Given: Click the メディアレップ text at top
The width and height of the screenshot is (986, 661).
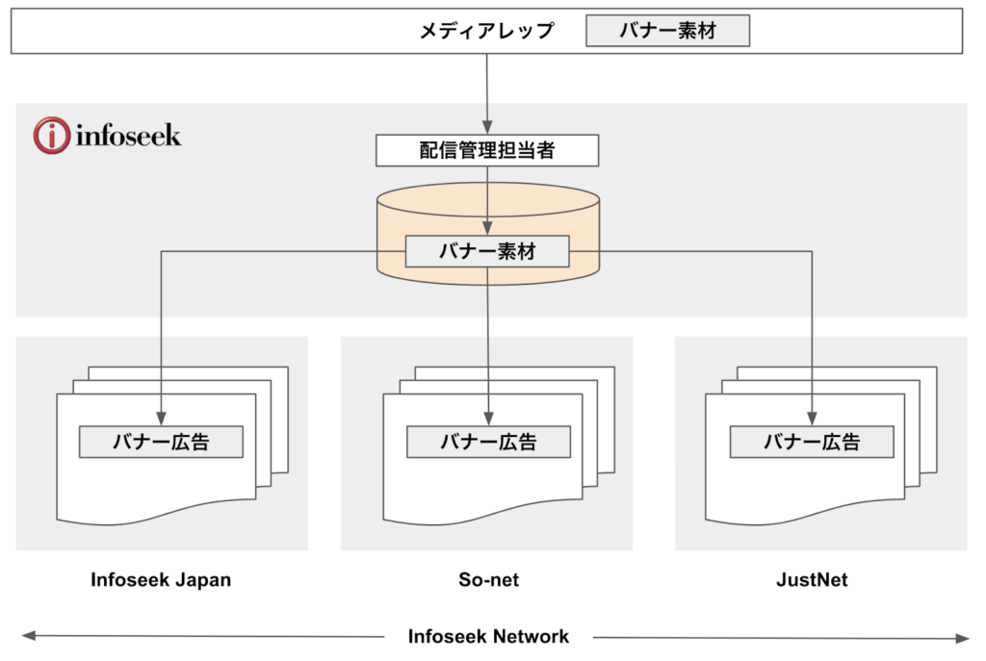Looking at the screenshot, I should (x=486, y=31).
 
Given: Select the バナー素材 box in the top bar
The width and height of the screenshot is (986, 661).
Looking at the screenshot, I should (x=667, y=31).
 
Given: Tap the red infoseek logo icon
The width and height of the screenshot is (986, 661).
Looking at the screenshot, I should (x=51, y=136).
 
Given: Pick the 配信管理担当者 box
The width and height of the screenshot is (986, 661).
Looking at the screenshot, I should (x=487, y=151).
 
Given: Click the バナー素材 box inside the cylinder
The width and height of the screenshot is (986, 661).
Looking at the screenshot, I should (x=487, y=252).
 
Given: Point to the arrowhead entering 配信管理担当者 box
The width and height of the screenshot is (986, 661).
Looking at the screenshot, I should (x=487, y=129).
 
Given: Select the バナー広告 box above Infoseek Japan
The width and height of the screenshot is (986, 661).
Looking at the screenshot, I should (x=161, y=442).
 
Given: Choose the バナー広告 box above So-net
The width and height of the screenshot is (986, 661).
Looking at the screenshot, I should (x=488, y=442).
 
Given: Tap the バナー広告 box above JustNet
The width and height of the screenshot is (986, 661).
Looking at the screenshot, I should (x=812, y=442).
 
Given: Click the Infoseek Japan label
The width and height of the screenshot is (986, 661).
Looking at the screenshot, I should (x=161, y=580).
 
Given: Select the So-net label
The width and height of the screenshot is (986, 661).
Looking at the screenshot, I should (x=488, y=580).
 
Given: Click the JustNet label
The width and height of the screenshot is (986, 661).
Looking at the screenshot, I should (x=812, y=580).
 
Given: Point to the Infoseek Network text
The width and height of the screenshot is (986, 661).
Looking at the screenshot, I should (x=488, y=636).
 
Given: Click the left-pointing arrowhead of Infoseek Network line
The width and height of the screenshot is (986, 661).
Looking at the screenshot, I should (x=29, y=636).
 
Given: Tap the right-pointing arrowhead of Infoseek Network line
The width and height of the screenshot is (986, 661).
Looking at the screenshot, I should (x=961, y=637).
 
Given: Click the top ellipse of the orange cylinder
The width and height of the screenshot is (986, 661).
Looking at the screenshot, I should (x=488, y=197).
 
